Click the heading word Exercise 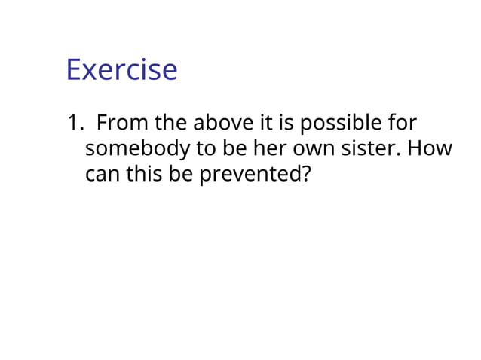click(x=121, y=70)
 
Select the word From click(x=122, y=123)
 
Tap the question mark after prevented click(x=305, y=174)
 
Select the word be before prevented click(x=183, y=174)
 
